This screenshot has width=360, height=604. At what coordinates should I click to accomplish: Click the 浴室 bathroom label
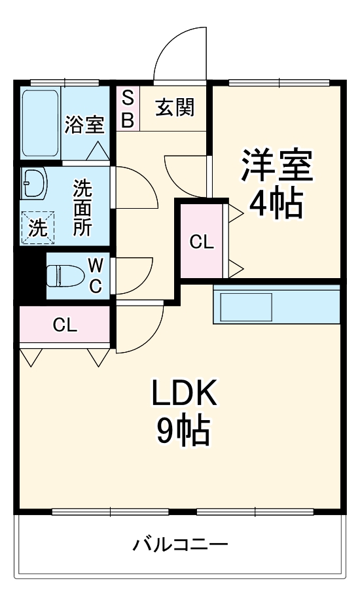[84, 124]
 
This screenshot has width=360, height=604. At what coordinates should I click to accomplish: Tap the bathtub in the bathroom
[40, 124]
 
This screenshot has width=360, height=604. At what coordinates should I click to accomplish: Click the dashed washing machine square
[37, 228]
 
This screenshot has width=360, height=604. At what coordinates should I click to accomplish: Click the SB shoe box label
[128, 109]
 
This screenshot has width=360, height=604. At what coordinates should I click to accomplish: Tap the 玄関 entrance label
[175, 107]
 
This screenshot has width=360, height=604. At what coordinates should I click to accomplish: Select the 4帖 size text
[275, 204]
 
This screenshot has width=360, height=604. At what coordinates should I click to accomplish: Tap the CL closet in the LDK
[65, 325]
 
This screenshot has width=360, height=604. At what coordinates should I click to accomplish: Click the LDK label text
[184, 393]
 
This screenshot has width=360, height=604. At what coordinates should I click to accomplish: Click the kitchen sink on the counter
[246, 307]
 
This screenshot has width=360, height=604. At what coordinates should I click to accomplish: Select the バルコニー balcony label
[181, 544]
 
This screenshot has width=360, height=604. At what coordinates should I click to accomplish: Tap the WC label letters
[96, 275]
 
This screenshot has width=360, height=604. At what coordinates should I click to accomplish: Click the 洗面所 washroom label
[82, 207]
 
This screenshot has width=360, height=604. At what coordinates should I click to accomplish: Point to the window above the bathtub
[65, 82]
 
